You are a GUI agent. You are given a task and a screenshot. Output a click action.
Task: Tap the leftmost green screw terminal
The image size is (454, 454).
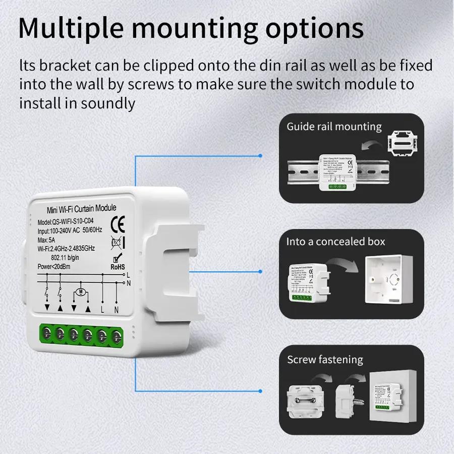(x=46, y=332)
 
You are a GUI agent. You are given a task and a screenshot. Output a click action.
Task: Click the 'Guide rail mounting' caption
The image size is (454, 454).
(x=334, y=127)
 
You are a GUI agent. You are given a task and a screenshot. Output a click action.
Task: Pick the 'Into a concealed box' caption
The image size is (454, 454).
(x=335, y=242)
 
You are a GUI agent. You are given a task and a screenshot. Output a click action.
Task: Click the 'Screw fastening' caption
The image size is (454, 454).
(x=325, y=360)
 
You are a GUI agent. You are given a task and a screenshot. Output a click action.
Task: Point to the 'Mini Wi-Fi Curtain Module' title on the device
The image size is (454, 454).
(x=81, y=208)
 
